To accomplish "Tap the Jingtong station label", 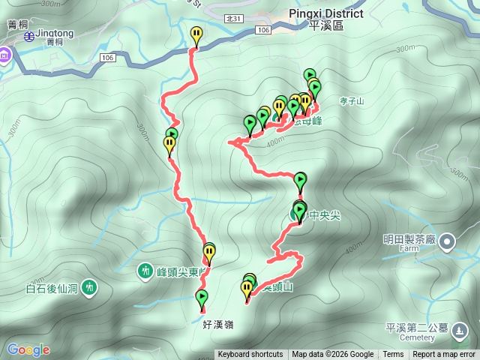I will tap(55, 34).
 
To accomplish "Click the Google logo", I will tap(28, 349).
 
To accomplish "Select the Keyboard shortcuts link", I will tap(250, 355).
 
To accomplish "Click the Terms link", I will tap(393, 355).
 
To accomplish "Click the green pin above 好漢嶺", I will tap(202, 298).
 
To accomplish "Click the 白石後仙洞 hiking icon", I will tap(90, 286).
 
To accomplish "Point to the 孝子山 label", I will tap(351, 100).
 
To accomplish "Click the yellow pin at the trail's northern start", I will tap(196, 34).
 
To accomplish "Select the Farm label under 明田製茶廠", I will tap(409, 248).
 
